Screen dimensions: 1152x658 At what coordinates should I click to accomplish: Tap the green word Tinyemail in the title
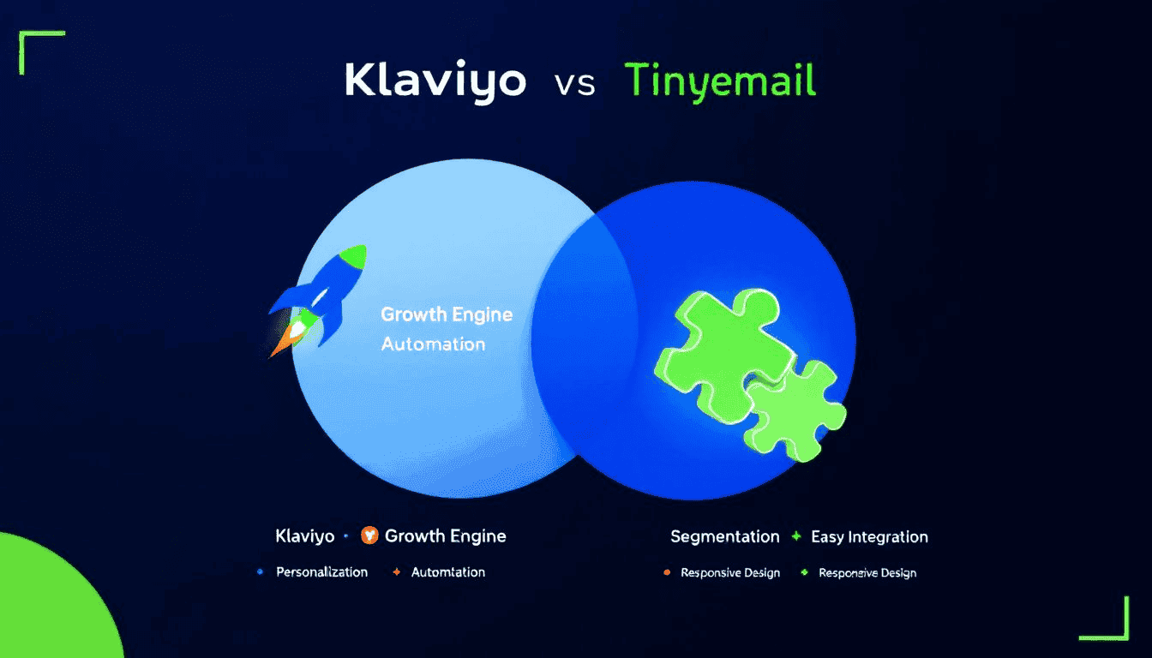click(x=720, y=81)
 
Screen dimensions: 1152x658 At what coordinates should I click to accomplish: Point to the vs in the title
click(x=575, y=85)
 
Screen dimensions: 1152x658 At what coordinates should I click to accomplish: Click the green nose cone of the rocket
click(x=354, y=256)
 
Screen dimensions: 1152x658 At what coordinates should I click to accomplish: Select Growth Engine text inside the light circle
click(x=447, y=314)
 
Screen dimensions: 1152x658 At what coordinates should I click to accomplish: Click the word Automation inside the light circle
click(x=433, y=344)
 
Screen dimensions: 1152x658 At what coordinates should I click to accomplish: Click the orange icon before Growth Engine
click(x=369, y=535)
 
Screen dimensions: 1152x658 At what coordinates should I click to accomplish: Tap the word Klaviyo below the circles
click(x=305, y=536)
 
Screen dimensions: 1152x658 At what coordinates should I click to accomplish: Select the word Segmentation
click(x=724, y=536)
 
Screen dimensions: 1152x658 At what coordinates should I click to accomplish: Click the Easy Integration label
click(x=870, y=537)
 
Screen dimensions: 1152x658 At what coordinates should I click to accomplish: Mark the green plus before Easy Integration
click(x=796, y=536)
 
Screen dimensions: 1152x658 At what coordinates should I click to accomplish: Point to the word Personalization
click(x=322, y=572)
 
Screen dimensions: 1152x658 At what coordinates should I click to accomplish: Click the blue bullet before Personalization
click(x=260, y=571)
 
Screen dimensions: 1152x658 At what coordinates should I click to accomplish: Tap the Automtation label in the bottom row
click(x=448, y=572)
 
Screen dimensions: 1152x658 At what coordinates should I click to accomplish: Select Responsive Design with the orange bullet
click(x=730, y=572)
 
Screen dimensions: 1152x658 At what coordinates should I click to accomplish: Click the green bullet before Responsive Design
click(x=804, y=572)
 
